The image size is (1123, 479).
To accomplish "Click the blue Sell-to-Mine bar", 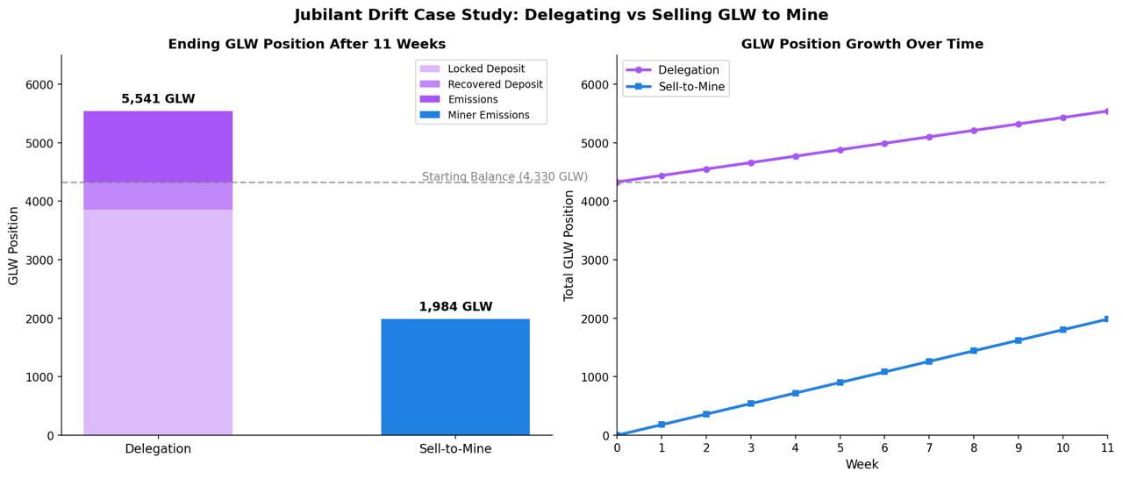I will click(x=454, y=376).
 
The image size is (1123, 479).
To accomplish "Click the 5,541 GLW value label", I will click(x=158, y=99).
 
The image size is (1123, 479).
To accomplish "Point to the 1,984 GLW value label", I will click(x=455, y=307).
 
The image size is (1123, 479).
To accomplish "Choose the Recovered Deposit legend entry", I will click(x=495, y=84).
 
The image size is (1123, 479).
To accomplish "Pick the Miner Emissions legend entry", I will click(x=488, y=115).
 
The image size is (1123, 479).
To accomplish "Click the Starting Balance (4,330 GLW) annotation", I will click(x=504, y=177).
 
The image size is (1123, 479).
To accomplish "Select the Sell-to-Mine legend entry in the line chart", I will click(x=691, y=87).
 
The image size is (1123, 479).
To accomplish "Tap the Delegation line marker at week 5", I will click(x=840, y=150).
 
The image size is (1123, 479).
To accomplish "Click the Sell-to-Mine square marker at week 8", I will click(x=974, y=351).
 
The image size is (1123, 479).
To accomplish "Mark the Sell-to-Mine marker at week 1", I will click(x=662, y=425).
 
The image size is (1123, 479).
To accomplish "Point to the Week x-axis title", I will click(x=862, y=465).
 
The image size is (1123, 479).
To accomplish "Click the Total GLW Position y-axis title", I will click(x=569, y=246).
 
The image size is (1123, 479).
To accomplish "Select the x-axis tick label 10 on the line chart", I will click(x=1062, y=448).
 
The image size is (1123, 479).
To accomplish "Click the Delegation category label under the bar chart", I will click(x=158, y=449).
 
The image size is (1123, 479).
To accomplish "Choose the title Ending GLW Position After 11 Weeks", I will click(x=306, y=44).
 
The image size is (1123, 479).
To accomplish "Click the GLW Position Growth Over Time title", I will click(x=862, y=44).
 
